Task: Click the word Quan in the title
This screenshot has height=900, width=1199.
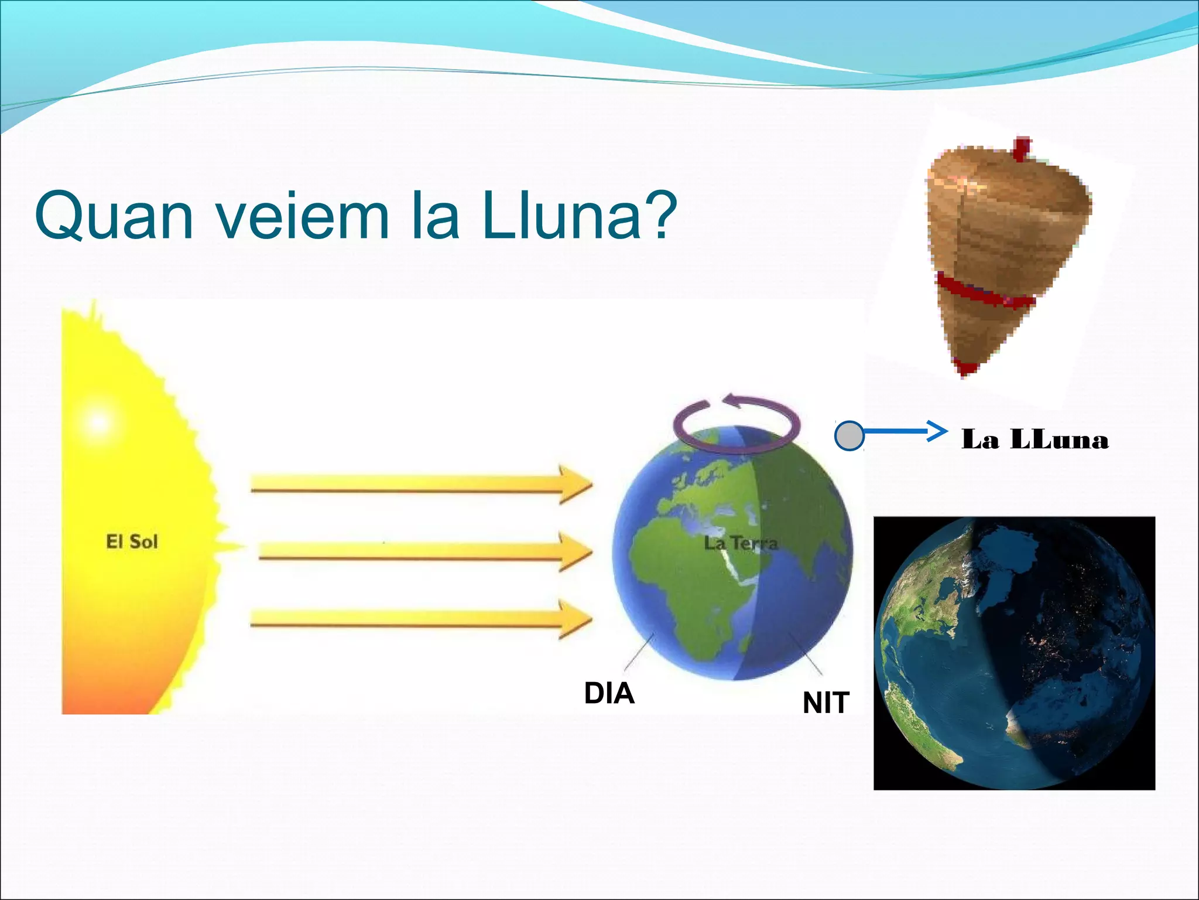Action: [x=114, y=216]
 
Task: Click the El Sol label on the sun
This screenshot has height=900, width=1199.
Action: [x=132, y=541]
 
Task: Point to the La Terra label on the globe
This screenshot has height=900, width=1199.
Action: [x=741, y=543]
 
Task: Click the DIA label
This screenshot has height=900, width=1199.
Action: [x=609, y=693]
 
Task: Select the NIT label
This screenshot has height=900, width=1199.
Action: [x=825, y=703]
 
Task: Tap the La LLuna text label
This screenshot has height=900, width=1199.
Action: [x=1035, y=439]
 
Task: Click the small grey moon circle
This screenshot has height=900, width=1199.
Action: [x=849, y=436]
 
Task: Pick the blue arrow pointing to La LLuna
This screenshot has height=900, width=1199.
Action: [x=905, y=432]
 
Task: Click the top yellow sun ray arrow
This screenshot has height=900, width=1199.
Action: [x=422, y=484]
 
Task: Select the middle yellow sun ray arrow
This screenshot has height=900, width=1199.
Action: [x=424, y=551]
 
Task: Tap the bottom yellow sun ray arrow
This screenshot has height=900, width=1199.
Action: [x=422, y=619]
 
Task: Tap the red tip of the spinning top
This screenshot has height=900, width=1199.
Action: [x=966, y=367]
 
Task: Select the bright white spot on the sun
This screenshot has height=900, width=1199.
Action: [x=98, y=422]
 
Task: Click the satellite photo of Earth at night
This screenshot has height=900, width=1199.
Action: [x=1014, y=653]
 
